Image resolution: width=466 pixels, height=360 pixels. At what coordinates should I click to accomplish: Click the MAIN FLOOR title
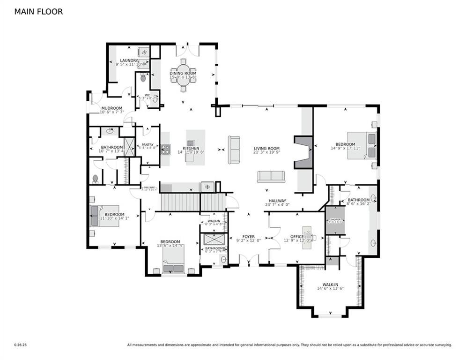point(38,12)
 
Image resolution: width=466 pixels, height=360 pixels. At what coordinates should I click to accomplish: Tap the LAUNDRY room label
point(129,60)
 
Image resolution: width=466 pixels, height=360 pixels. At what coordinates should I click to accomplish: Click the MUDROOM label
point(111,108)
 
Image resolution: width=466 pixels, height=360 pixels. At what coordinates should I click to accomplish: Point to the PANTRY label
point(148,145)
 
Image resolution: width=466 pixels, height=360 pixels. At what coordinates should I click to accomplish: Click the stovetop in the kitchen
point(165,149)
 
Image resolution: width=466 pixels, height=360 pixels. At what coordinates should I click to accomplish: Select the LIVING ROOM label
point(266,148)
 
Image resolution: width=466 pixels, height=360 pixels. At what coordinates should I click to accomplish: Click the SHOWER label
point(335,219)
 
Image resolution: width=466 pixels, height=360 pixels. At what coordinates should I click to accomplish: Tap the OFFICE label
point(297,237)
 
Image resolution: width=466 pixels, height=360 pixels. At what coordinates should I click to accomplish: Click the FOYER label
point(248,237)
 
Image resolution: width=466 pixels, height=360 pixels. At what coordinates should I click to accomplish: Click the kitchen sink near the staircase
point(207,187)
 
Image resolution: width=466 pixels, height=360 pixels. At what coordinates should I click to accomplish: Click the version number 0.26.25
point(20,345)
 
